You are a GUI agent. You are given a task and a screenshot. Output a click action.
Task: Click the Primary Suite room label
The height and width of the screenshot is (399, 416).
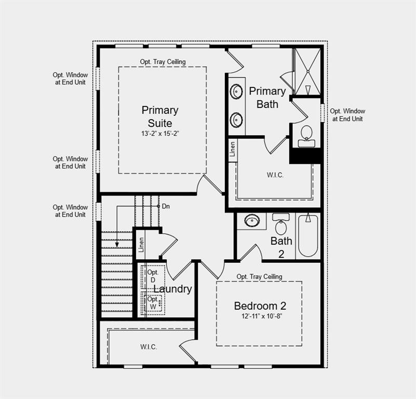(x=160, y=117)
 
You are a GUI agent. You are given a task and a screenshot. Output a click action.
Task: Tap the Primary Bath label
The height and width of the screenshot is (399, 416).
(x=267, y=98)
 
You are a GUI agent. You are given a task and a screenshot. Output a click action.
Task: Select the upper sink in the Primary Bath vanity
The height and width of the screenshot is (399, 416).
(x=237, y=92)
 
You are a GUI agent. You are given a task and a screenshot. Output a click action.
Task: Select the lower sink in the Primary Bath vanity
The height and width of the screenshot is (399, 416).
(x=237, y=120)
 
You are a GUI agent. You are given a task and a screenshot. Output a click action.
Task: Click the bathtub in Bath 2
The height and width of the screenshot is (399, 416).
(x=308, y=236)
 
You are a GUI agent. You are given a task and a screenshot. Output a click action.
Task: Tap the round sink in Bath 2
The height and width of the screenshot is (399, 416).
(x=252, y=221)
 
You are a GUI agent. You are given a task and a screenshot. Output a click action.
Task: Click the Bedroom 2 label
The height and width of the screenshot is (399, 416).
(x=260, y=306)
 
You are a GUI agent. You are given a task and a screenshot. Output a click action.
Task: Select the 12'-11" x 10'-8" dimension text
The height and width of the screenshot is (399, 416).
(x=260, y=316)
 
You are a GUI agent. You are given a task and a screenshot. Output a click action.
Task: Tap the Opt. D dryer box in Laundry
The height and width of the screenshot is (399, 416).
(x=153, y=276)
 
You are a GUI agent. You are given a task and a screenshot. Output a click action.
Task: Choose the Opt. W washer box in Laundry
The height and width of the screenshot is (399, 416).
(x=153, y=303)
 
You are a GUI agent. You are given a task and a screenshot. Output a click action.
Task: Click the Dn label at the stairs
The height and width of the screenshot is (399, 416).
(x=166, y=206)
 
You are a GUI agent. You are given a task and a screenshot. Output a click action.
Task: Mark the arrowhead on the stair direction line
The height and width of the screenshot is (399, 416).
(x=117, y=244)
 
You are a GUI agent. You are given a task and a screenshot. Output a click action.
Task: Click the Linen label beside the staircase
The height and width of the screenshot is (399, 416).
(x=141, y=245)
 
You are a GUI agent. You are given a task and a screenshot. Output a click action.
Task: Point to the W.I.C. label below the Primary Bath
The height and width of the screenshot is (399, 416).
(x=275, y=175)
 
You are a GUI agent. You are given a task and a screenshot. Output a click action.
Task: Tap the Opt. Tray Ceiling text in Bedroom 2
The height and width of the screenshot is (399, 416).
(x=259, y=277)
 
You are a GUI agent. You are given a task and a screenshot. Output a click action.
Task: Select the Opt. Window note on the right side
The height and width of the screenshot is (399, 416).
(x=347, y=115)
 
